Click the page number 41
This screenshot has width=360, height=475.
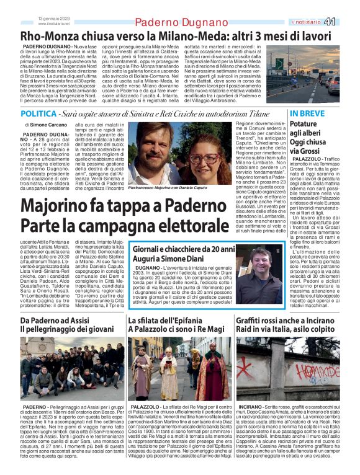pos(348,22)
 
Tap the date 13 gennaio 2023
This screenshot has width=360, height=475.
pos(54,19)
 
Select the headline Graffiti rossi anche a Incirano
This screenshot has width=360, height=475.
pos(285,321)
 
